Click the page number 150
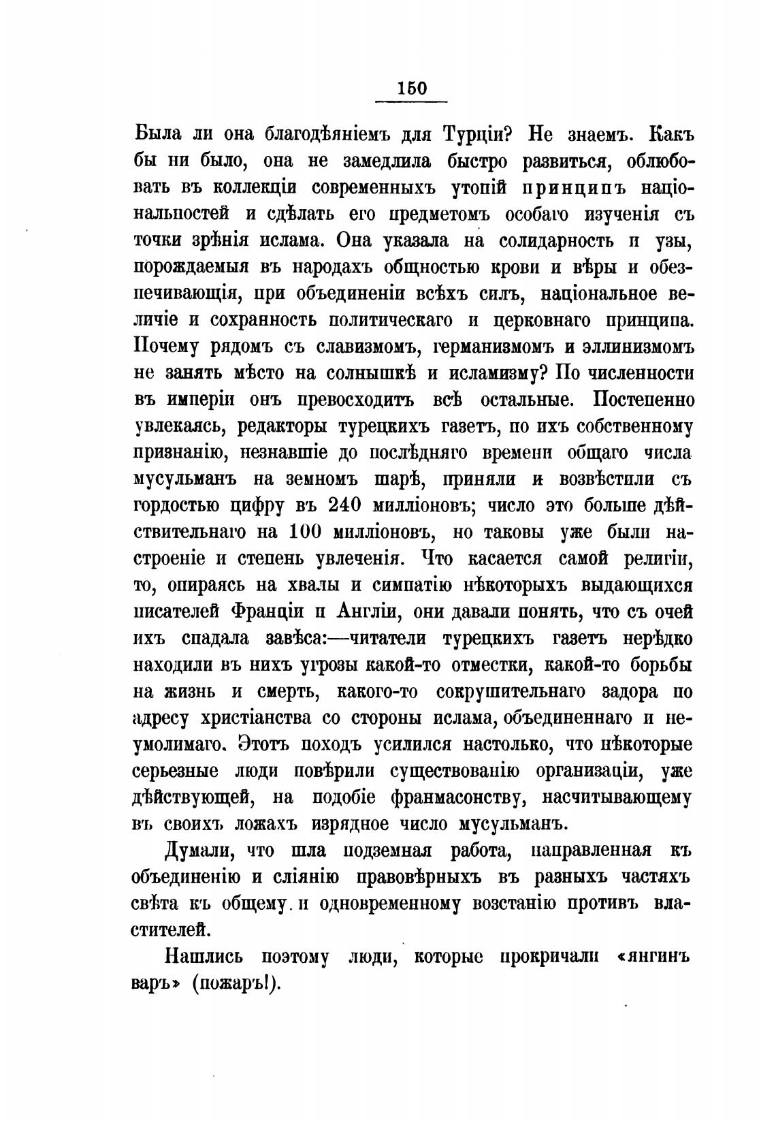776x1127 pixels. pos(411,89)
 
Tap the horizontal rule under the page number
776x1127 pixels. pos(411,102)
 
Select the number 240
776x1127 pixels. pos(347,505)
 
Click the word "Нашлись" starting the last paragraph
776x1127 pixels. pos(203,957)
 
